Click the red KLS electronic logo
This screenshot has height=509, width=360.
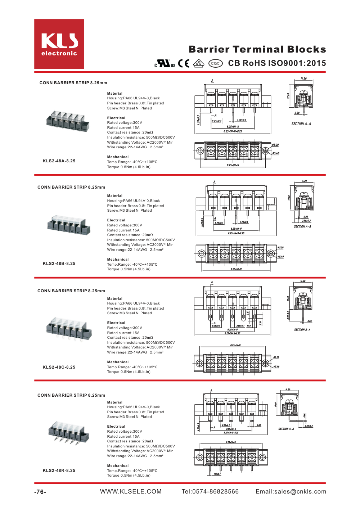click(x=59, y=44)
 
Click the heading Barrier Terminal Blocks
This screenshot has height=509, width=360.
click(x=257, y=49)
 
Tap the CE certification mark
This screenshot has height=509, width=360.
click(x=184, y=63)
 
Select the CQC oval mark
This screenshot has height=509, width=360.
click(x=215, y=63)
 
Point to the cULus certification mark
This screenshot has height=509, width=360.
click(x=165, y=64)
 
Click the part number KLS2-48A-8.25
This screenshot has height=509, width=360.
click(x=59, y=161)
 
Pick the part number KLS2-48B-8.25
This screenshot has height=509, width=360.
click(x=59, y=263)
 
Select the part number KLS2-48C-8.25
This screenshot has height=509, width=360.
click(x=59, y=367)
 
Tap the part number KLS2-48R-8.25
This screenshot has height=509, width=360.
click(x=59, y=470)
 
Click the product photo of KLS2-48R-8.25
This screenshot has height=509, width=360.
click(x=68, y=432)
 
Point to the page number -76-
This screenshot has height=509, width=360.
click(x=40, y=492)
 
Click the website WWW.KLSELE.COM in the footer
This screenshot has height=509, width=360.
click(x=131, y=492)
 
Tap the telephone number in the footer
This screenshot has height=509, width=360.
click(x=210, y=492)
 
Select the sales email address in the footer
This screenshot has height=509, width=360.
click(x=291, y=492)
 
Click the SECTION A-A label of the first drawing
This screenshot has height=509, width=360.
click(x=301, y=124)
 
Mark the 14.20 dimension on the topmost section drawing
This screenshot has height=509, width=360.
click(x=303, y=78)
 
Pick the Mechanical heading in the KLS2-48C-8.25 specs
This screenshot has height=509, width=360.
click(x=118, y=362)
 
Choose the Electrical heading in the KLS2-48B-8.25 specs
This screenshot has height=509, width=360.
click(x=116, y=220)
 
